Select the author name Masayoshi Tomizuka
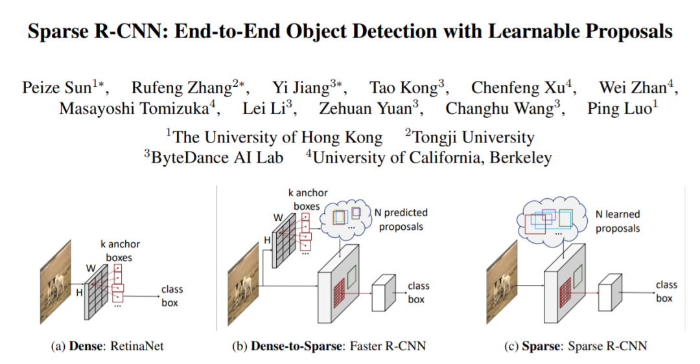(x=134, y=108)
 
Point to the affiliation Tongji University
(x=470, y=137)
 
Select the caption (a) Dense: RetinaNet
(x=108, y=347)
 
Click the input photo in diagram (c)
(x=504, y=285)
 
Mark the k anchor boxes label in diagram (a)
(x=121, y=251)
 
